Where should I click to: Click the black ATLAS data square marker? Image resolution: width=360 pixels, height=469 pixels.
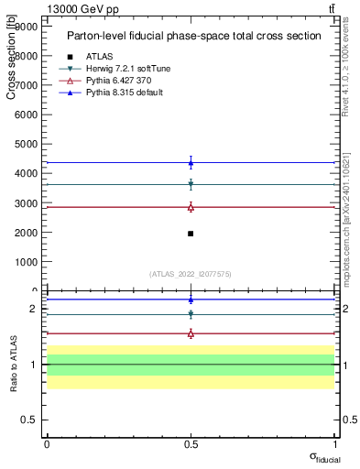coord(191,234)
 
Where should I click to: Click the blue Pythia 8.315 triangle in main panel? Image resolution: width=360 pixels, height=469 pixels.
coord(191,163)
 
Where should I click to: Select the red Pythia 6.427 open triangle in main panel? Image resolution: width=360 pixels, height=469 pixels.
coord(191,207)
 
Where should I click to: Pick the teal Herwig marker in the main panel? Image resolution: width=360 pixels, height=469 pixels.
coord(191,184)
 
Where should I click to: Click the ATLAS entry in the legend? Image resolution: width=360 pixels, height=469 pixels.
coord(99,56)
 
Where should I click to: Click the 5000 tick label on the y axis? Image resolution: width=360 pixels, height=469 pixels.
coord(27,144)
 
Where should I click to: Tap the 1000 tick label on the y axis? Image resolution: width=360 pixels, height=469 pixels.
coord(27,261)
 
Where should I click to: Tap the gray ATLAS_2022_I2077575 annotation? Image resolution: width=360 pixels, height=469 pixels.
coord(191,274)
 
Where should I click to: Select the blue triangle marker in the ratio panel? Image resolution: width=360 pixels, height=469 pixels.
coord(191,300)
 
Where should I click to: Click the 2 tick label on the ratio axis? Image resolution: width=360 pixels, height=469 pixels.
coord(32,309)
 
